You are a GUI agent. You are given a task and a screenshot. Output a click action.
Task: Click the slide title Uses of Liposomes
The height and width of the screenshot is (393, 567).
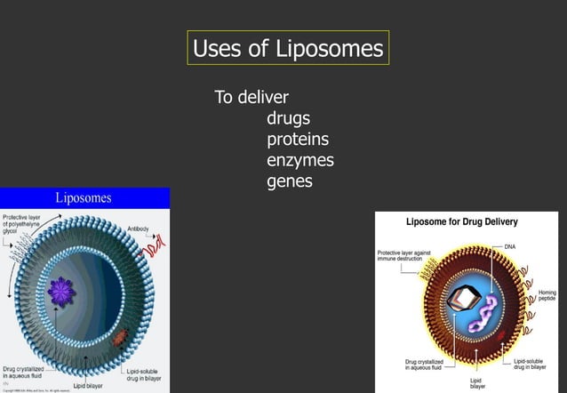click(x=288, y=47)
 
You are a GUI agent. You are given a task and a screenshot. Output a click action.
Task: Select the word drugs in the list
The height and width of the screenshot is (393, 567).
click(x=288, y=117)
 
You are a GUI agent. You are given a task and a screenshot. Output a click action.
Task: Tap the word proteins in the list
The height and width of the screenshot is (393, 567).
click(x=298, y=139)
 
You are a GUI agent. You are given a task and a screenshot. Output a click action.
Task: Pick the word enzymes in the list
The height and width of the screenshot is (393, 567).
click(x=299, y=160)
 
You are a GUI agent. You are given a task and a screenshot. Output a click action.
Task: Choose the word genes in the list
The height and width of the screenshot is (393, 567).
click(x=289, y=181)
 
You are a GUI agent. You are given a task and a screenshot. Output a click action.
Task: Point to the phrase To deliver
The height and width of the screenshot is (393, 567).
click(x=252, y=96)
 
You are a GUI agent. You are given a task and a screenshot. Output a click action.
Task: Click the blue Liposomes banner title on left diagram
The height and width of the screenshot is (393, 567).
click(x=84, y=197)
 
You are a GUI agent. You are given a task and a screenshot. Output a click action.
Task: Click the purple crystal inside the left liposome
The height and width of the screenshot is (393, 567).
click(x=62, y=289)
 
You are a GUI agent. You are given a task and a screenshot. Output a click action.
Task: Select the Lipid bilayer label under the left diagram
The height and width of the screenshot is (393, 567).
click(x=88, y=386)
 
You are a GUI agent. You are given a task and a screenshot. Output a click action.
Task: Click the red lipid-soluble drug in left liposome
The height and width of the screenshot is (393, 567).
click(x=121, y=335)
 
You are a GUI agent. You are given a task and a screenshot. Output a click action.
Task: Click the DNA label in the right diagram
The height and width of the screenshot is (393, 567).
click(x=509, y=245)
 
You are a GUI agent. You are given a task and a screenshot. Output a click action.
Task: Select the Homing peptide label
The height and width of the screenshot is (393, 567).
click(x=547, y=295)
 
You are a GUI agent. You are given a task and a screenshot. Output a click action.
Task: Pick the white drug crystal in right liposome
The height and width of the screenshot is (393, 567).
click(x=459, y=302)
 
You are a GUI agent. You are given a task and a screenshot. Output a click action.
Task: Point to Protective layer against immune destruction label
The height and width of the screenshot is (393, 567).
click(x=404, y=255)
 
